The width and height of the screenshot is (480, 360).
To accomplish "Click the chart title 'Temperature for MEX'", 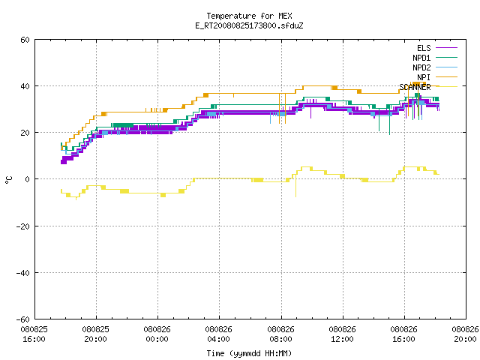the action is coord(249,16).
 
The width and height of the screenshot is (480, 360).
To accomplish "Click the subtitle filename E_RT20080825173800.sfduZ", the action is coord(249,25).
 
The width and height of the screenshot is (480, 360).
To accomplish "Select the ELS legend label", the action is coord(424,48).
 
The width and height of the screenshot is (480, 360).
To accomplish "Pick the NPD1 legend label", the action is coord(421,58).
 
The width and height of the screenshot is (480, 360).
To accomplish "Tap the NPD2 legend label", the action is coord(421,67).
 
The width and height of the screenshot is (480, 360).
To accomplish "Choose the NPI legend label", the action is coord(424,77).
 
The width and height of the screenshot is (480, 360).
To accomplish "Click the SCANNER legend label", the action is coord(415,87).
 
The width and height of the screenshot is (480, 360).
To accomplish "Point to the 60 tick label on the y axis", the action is coord(25,40).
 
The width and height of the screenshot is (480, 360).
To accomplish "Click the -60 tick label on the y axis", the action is coord(23,319).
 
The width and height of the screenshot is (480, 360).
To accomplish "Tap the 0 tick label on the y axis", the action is coord(28,179).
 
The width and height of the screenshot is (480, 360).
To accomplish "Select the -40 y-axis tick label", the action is coord(23,273).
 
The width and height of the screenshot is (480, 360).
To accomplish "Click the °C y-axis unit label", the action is coord(8,180).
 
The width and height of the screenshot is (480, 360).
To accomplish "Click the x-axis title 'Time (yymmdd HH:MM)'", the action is coord(249,353).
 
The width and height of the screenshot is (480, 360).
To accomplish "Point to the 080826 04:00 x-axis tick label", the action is coord(218,334).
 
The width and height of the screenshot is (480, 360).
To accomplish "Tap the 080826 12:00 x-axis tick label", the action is coord(342,334).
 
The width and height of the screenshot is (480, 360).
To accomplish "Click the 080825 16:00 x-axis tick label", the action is coord(34,334).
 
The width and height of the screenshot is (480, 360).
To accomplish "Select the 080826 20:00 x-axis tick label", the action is coord(465,334).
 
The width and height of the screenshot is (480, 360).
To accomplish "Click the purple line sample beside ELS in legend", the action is coord(446,48).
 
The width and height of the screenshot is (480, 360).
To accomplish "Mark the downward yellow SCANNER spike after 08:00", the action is coord(295,185).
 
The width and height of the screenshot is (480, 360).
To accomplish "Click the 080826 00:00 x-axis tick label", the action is coord(157,334).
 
